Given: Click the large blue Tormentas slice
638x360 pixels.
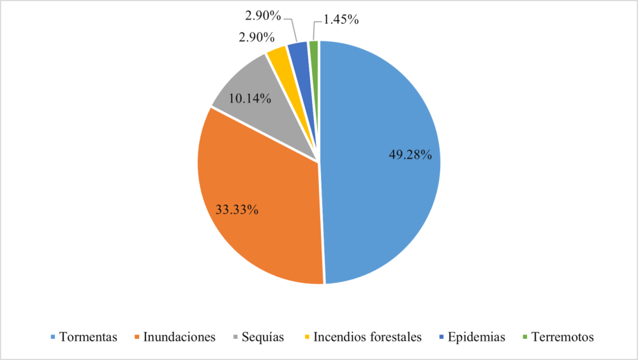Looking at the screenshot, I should point(383,191).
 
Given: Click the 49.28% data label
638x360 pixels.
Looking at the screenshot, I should point(411,155).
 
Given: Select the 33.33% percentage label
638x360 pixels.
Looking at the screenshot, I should point(236,209).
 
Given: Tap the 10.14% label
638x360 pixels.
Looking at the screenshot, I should point(250,99).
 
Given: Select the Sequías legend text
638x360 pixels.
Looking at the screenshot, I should point(263,337).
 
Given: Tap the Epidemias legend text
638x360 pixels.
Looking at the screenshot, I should point(476,337).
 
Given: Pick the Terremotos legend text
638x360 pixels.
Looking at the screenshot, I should point(563,337).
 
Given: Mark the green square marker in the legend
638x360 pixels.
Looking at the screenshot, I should point(525,337).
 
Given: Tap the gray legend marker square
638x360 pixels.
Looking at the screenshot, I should point(235,337).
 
